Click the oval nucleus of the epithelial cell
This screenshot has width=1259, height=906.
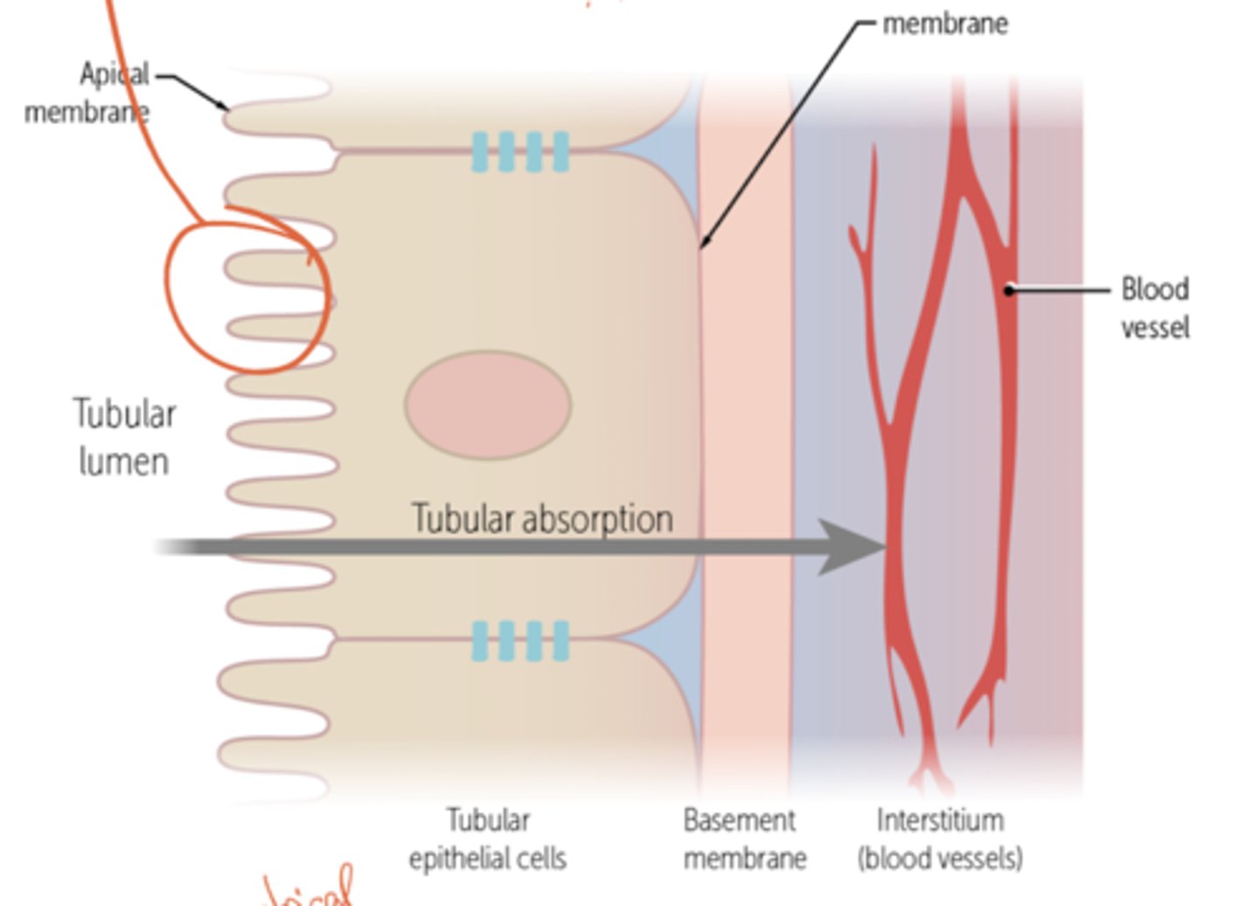(488, 405)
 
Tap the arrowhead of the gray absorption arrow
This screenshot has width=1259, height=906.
(852, 547)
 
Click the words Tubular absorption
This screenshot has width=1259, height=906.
(542, 518)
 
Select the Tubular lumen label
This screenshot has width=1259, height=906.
(124, 437)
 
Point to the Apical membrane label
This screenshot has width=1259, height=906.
(87, 93)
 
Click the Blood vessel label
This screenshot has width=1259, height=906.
(1155, 308)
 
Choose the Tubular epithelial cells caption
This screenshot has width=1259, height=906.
(488, 839)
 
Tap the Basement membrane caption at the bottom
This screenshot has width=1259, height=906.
(743, 839)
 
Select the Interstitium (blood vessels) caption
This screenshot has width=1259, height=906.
(940, 839)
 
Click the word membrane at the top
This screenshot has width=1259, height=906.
(945, 24)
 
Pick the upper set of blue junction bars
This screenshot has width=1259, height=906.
(520, 151)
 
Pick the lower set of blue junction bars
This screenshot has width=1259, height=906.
(520, 641)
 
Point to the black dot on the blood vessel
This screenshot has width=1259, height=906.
(1009, 289)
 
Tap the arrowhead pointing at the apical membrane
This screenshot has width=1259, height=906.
(225, 108)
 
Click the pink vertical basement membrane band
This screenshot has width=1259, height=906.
(746, 394)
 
